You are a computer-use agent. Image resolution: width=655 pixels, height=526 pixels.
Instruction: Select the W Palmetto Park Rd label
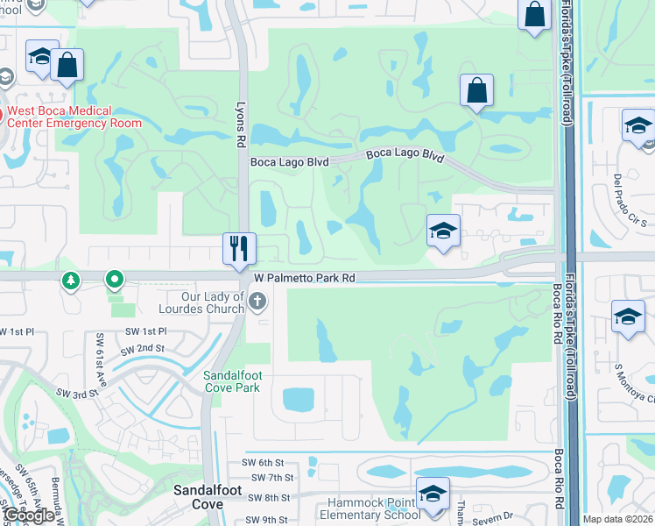click(x=304, y=278)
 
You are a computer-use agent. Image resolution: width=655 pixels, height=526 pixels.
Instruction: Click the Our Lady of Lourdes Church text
click(x=201, y=302)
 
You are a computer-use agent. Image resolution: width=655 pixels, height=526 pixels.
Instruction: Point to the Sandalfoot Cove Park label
click(x=232, y=381)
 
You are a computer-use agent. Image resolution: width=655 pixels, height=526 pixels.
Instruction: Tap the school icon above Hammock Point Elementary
click(x=433, y=494)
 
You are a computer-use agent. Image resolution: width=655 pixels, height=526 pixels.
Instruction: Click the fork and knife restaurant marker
click(x=239, y=248)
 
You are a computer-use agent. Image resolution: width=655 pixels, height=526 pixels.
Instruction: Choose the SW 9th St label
click(x=264, y=517)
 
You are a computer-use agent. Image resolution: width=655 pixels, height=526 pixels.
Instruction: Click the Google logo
click(x=29, y=515)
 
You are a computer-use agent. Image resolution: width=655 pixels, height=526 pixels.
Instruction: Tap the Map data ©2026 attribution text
click(x=617, y=519)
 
